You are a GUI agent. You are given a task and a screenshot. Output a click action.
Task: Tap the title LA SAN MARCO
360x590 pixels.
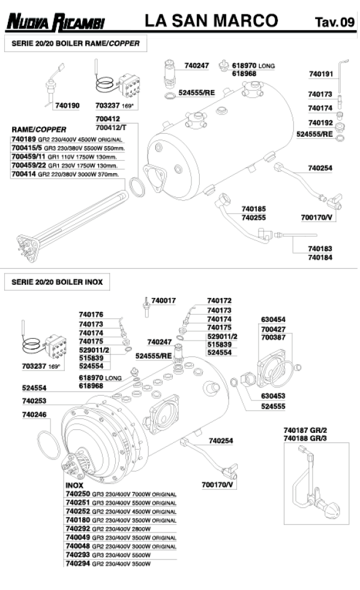pyautogui.click(x=211, y=22)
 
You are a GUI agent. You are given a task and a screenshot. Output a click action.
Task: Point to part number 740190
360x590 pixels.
pyautogui.click(x=67, y=106)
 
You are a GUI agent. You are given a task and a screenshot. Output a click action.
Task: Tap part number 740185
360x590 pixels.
pyautogui.click(x=254, y=209)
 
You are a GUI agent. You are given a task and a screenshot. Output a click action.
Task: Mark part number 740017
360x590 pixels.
pyautogui.click(x=164, y=300)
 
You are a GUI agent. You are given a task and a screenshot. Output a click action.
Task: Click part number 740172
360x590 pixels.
pyautogui.click(x=219, y=300)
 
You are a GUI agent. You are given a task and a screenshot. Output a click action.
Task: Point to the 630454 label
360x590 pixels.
pyautogui.click(x=273, y=320)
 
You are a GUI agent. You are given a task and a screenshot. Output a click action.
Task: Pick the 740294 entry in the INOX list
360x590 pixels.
pyautogui.click(x=108, y=564)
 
